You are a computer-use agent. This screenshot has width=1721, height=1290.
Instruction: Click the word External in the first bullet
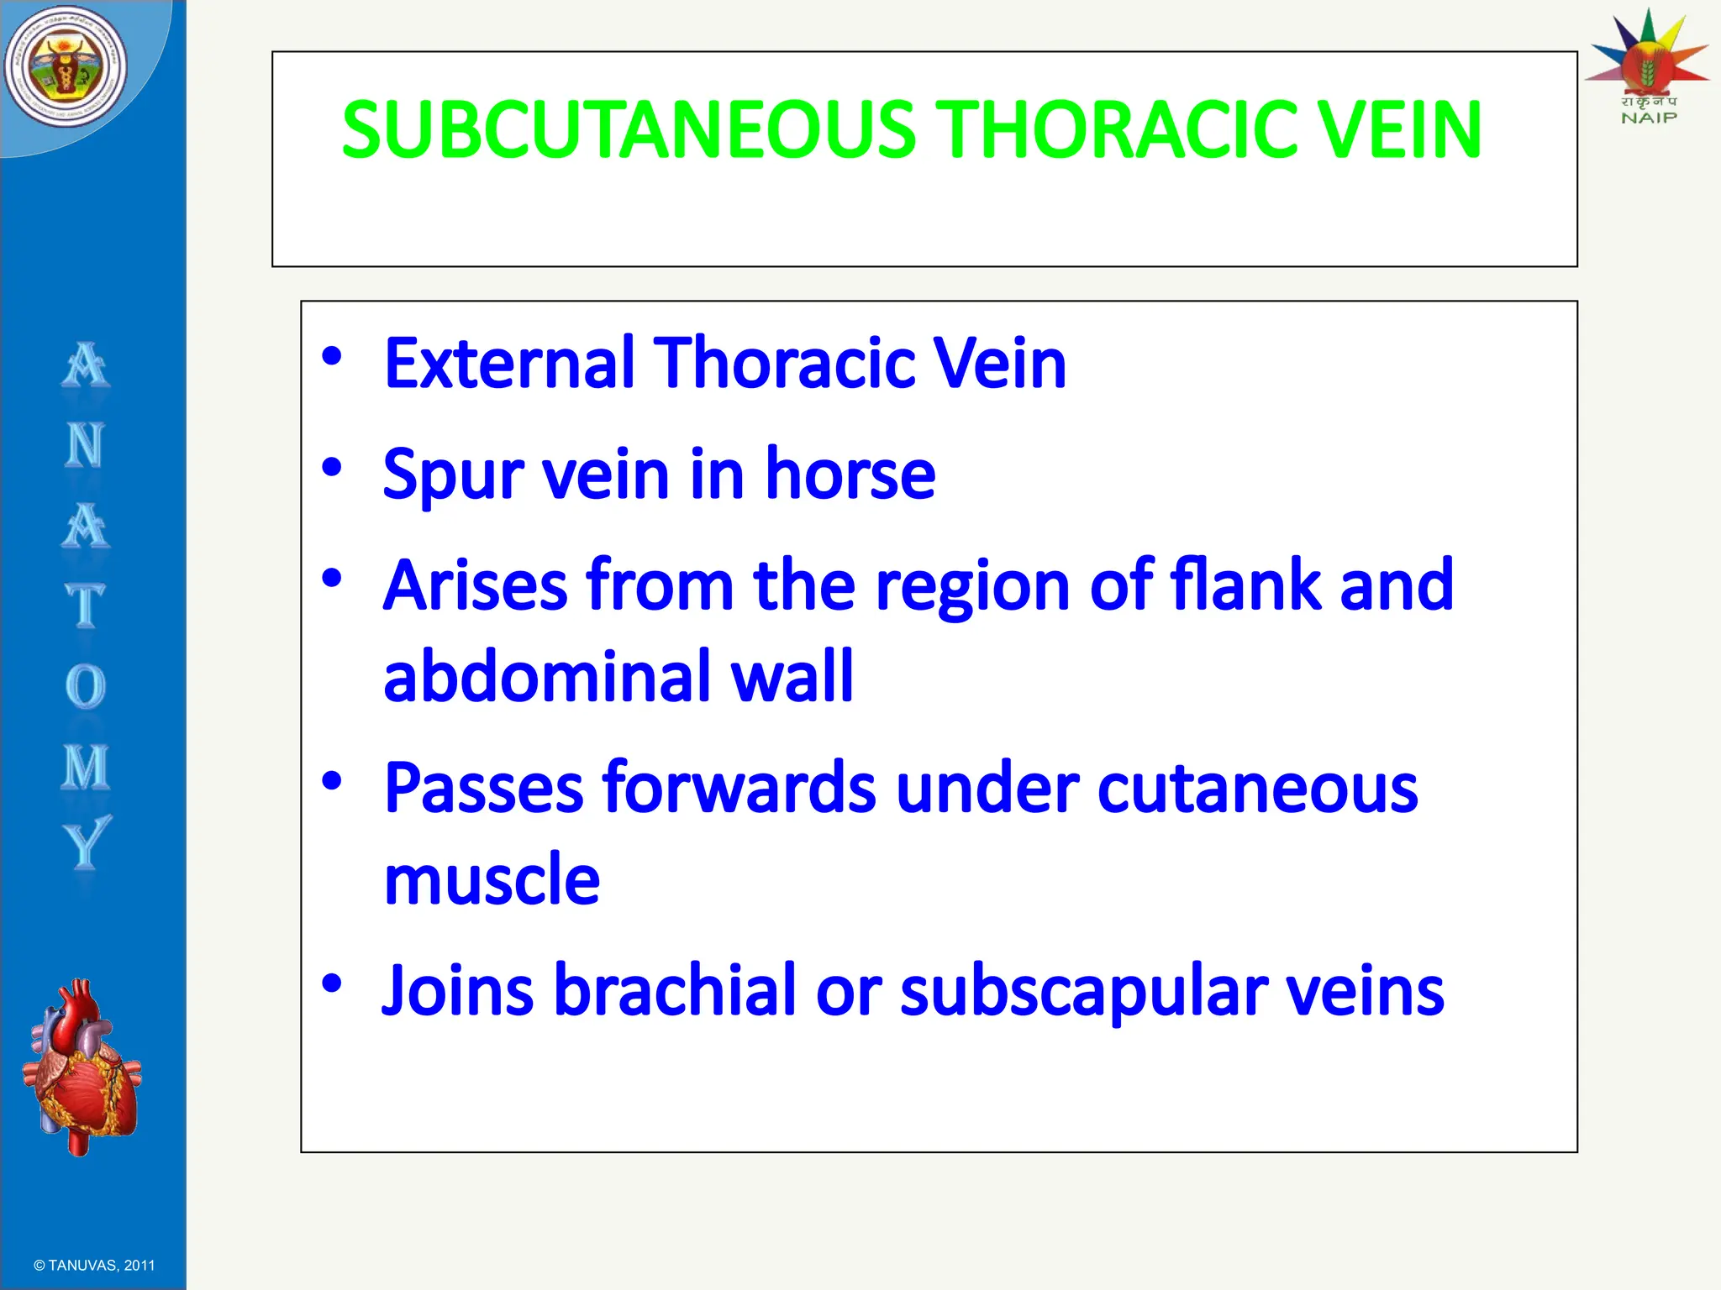coord(508,363)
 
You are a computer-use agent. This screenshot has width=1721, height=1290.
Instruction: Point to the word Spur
coord(455,475)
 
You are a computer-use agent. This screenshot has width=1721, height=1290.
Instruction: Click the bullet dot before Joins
coord(332,982)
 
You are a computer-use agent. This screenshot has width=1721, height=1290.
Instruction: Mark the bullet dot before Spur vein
coord(332,466)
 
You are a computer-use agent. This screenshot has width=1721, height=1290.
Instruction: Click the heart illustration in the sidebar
coord(82,1067)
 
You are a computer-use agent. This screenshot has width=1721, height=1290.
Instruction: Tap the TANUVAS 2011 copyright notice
coord(94,1266)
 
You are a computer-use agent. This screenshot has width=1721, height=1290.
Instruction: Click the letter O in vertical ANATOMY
coord(85,686)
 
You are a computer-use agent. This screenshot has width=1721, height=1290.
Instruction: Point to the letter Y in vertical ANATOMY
coord(86,842)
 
